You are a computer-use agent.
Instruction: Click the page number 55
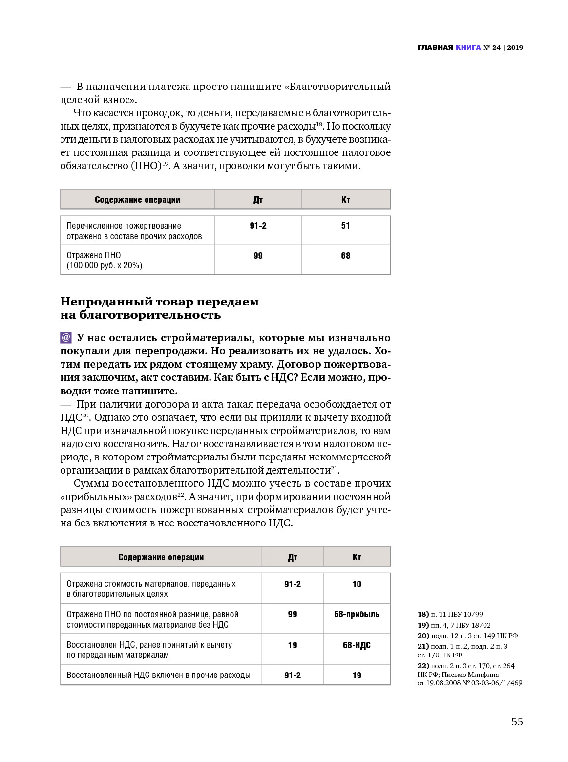[517, 722]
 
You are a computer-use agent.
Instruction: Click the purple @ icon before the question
[66, 338]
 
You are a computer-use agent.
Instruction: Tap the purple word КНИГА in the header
[468, 47]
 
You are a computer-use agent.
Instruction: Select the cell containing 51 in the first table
[345, 226]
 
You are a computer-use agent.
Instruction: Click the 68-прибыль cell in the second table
[357, 614]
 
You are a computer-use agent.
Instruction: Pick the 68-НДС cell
[357, 645]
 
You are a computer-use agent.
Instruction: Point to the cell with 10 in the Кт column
[357, 584]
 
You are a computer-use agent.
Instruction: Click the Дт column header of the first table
[258, 200]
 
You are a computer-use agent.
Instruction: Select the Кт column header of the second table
[357, 557]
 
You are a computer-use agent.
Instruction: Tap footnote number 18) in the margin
[423, 614]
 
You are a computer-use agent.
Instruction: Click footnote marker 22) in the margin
[423, 666]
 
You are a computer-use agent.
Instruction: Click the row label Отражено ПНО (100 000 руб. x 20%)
[104, 260]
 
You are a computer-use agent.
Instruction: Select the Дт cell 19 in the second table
[292, 645]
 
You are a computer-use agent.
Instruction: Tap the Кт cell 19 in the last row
[357, 675]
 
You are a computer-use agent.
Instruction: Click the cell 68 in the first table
[345, 256]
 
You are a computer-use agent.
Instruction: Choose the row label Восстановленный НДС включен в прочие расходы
[158, 675]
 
